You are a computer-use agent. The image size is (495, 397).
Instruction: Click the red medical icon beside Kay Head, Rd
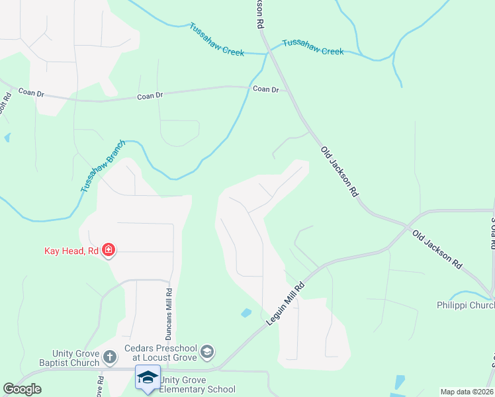click(x=109, y=251)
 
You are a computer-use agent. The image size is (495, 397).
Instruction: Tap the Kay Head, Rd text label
click(x=71, y=251)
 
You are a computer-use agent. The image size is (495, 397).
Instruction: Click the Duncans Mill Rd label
click(x=169, y=310)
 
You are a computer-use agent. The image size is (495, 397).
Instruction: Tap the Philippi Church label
click(x=466, y=305)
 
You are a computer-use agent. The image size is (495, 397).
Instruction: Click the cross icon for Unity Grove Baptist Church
click(x=110, y=358)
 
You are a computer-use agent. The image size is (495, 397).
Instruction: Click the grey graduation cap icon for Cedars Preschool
click(x=206, y=351)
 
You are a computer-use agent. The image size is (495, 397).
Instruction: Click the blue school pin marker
click(x=147, y=378)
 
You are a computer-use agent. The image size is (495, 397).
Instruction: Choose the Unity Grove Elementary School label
click(x=197, y=384)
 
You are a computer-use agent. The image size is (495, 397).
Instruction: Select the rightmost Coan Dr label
click(x=265, y=89)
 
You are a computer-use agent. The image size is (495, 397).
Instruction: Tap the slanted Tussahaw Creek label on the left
click(x=216, y=40)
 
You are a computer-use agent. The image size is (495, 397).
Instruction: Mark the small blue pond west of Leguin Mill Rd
click(x=246, y=312)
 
